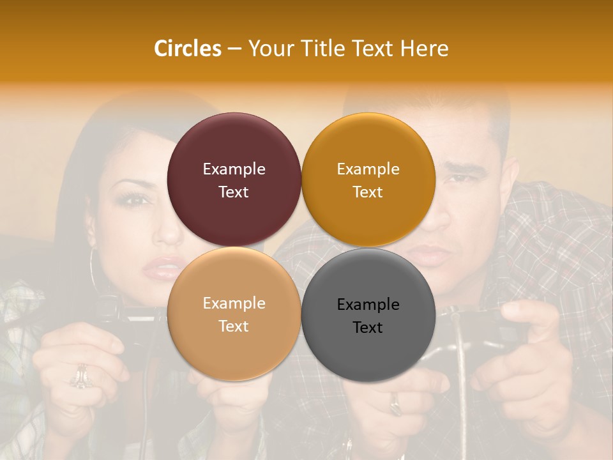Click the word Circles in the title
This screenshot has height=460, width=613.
click(188, 49)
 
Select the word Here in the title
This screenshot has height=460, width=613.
click(424, 49)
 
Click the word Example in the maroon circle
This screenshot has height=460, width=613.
click(234, 169)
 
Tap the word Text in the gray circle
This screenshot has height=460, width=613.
click(368, 327)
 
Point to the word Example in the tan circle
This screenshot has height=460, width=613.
click(234, 303)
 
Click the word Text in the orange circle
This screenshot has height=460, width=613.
click(368, 192)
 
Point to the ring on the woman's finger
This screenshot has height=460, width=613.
click(80, 377)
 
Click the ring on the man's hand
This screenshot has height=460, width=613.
click(395, 402)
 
